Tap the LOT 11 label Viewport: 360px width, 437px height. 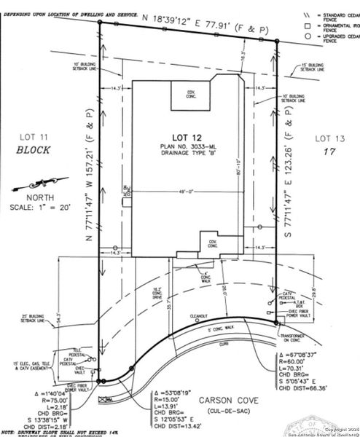coord(34,135)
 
